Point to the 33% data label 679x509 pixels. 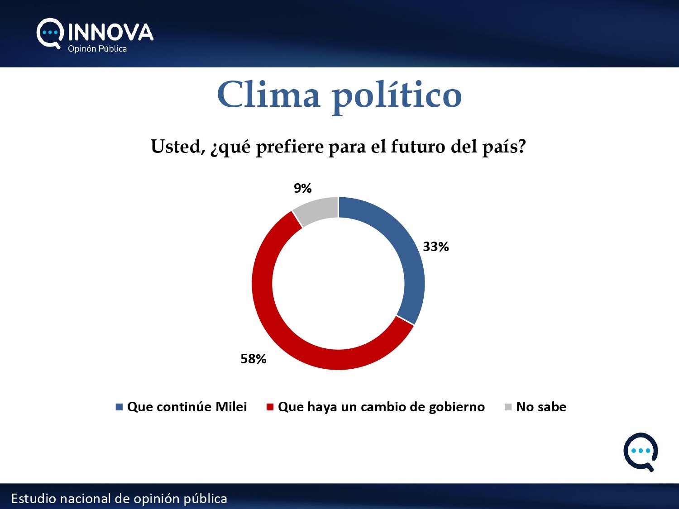pyautogui.click(x=435, y=247)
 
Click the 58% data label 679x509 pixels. pyautogui.click(x=253, y=359)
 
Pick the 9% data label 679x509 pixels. pyautogui.click(x=302, y=188)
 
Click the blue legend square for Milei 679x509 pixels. pyautogui.click(x=119, y=407)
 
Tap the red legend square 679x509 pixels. pyautogui.click(x=270, y=407)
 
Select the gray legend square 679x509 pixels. pyautogui.click(x=508, y=407)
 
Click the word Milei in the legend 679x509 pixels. pyautogui.click(x=231, y=407)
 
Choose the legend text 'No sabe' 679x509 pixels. pyautogui.click(x=541, y=407)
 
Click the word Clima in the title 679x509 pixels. pyautogui.click(x=268, y=94)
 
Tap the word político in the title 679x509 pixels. pyautogui.click(x=397, y=96)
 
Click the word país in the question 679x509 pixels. pyautogui.click(x=504, y=147)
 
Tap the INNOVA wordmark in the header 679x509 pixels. pyautogui.click(x=111, y=32)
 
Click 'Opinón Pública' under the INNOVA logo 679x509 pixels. pyautogui.click(x=97, y=49)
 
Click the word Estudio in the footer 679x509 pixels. pyautogui.click(x=33, y=499)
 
